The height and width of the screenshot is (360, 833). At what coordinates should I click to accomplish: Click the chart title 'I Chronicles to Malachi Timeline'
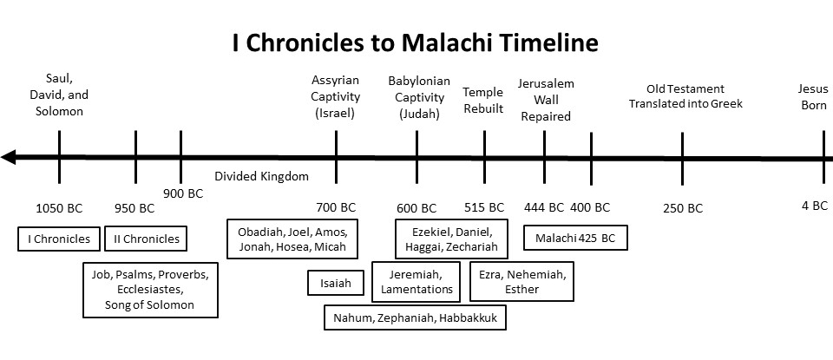click(415, 43)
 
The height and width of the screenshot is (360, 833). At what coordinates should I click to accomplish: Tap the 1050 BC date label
click(59, 208)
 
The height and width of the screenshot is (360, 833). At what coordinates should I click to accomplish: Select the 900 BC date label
click(183, 193)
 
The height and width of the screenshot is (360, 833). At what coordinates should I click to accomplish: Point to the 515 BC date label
click(484, 207)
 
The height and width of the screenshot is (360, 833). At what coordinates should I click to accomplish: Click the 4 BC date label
click(815, 206)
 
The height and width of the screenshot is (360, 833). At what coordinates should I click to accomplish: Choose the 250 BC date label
click(683, 208)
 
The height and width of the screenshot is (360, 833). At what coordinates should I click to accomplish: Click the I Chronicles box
click(59, 239)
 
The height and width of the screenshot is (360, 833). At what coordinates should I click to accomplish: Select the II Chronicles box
click(146, 239)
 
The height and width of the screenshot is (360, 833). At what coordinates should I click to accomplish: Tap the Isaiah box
click(336, 283)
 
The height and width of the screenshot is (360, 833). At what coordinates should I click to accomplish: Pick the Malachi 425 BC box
click(575, 238)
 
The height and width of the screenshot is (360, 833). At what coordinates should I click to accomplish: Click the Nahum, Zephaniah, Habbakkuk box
click(415, 317)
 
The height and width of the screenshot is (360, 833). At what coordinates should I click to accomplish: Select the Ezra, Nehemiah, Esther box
click(521, 281)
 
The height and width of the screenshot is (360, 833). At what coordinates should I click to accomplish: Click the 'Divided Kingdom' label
click(261, 176)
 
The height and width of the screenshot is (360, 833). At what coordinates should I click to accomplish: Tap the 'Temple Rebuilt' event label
click(483, 100)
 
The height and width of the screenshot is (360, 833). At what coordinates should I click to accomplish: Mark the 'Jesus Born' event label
click(813, 96)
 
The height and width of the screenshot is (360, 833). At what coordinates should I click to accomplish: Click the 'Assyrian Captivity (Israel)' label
click(336, 96)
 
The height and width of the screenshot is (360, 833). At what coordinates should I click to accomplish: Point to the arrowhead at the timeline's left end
click(9, 158)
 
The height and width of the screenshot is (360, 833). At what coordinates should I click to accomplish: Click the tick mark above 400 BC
click(591, 158)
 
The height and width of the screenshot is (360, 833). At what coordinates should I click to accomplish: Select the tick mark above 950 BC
click(136, 157)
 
